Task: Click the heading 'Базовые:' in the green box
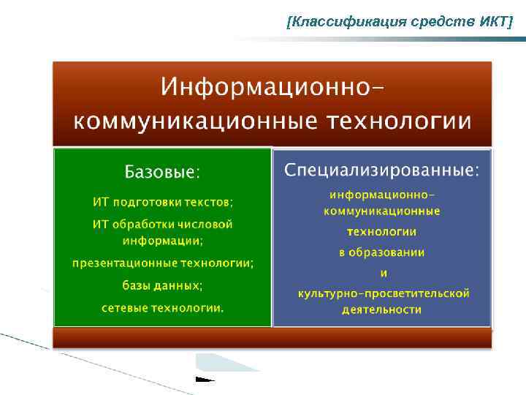[x=162, y=173]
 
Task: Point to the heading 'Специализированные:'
[x=381, y=170]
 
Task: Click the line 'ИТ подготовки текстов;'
[x=162, y=201]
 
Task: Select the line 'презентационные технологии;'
[x=162, y=263]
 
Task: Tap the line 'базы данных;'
[x=162, y=285]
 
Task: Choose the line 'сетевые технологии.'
[x=162, y=308]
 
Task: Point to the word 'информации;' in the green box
[x=162, y=239]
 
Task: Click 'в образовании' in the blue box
[x=381, y=252]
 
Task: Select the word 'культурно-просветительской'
[x=383, y=293]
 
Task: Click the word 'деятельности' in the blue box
[x=381, y=309]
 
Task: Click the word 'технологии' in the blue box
[x=381, y=232]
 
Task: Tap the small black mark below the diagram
[x=205, y=380]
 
